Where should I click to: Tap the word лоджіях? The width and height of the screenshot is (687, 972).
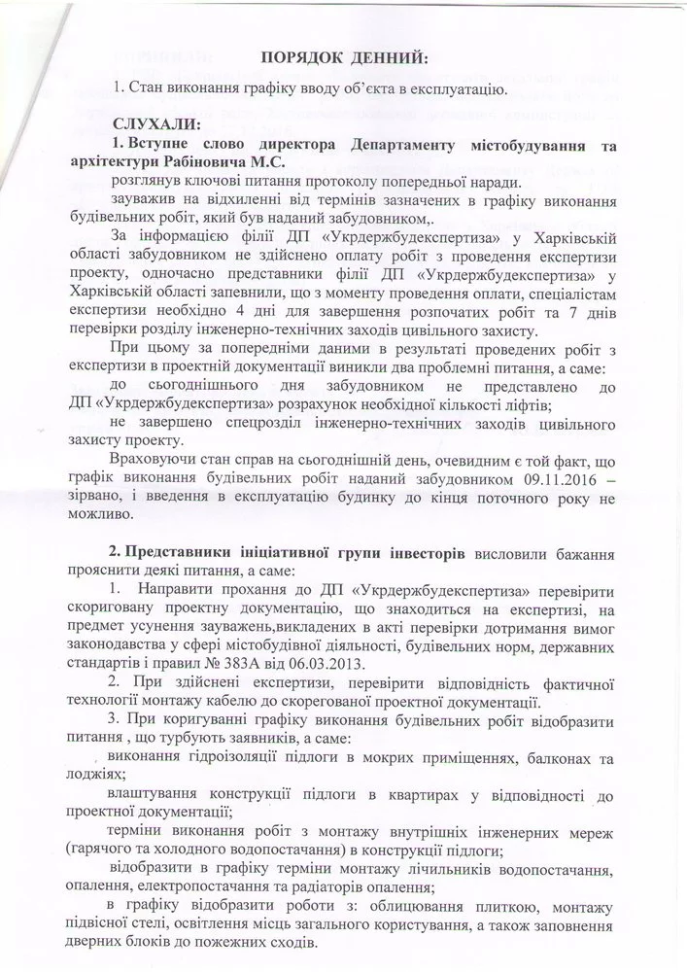point(101,773)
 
